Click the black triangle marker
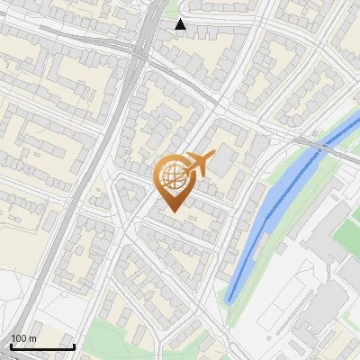click(x=181, y=24)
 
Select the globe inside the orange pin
click(x=174, y=176)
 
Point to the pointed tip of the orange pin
click(x=174, y=212)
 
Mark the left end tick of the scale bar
click(x=11, y=346)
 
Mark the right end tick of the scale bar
click(x=74, y=346)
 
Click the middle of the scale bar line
click(x=42, y=347)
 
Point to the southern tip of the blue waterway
click(x=229, y=300)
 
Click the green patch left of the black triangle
click(x=170, y=11)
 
